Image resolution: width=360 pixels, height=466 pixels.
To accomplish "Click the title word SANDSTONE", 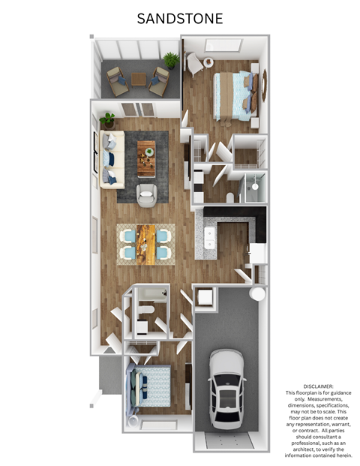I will pos(180,19).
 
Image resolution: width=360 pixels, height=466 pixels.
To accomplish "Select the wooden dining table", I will pos(146,244).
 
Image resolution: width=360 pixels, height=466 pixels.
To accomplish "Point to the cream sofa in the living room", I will pos(109,159).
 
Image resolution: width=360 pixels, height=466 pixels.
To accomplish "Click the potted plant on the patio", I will pos(172,59).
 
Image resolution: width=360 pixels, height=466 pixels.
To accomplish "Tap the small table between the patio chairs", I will pos(139,78).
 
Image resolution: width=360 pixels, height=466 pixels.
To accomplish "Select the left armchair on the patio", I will pos(118,80).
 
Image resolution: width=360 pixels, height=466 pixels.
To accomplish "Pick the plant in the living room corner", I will pos(108,119).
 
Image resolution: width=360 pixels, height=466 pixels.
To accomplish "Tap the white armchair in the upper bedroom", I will pos(194,65).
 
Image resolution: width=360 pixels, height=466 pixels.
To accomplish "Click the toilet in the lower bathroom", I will pos(147,308).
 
